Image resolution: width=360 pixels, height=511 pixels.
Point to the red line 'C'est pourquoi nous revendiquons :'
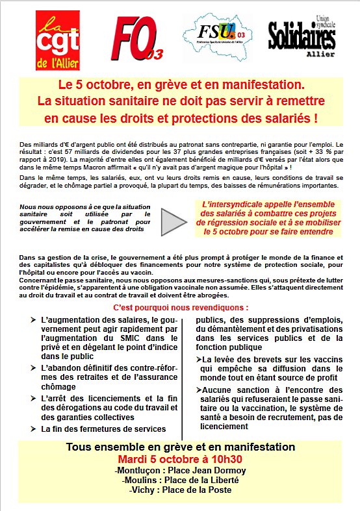click(x=180, y=306)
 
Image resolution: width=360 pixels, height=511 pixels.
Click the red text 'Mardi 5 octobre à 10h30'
click(x=180, y=460)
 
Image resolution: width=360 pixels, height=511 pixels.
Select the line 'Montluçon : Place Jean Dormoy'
click(x=180, y=470)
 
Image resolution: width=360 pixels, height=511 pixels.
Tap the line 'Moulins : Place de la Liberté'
click(x=180, y=480)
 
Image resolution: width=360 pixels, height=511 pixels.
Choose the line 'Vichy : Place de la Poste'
click(x=180, y=490)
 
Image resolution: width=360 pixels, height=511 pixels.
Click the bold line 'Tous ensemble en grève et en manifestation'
click(x=180, y=448)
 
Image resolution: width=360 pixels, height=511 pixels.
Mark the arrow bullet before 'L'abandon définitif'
click(x=33, y=368)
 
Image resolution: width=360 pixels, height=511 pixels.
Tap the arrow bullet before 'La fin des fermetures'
click(x=33, y=429)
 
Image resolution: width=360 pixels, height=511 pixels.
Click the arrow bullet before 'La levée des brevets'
click(x=198, y=360)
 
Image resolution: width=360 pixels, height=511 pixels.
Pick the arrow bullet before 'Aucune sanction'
click(x=198, y=389)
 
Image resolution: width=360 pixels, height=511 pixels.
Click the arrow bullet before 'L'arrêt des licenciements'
click(x=33, y=398)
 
